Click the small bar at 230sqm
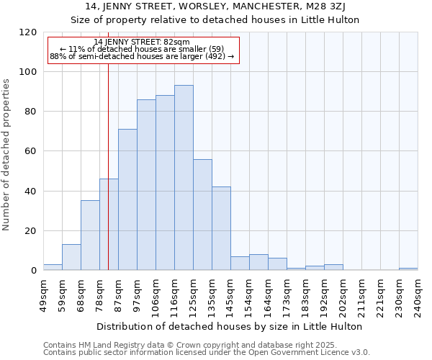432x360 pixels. (x=408, y=269)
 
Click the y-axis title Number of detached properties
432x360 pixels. (x=7, y=155)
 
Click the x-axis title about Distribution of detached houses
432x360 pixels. (x=230, y=326)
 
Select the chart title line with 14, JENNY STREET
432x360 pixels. (x=215, y=6)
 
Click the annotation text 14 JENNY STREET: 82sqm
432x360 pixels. (x=142, y=42)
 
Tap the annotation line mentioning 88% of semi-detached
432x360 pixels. (x=142, y=56)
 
